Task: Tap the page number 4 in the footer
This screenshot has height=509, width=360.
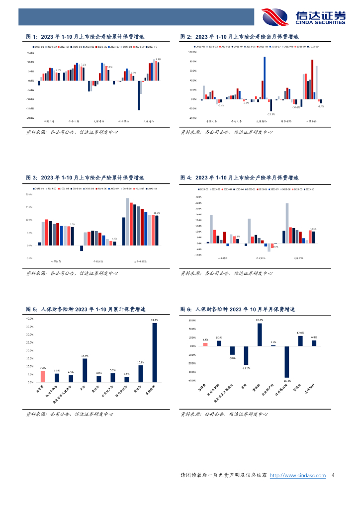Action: click(333, 476)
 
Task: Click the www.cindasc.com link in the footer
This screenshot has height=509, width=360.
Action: click(297, 476)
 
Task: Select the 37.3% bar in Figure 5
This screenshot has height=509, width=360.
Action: click(154, 353)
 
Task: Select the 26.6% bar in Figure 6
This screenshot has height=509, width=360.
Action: click(260, 334)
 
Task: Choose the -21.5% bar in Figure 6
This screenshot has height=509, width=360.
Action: click(246, 355)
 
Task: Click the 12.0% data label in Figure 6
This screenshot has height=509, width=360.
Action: click(300, 333)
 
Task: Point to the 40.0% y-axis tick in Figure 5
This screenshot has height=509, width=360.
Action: click(29, 319)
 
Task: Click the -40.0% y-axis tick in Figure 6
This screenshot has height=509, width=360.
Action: click(188, 380)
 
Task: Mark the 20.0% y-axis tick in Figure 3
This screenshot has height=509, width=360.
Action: click(29, 194)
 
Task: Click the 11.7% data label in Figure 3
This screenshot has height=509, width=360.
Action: click(157, 213)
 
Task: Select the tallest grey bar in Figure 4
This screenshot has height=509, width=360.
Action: click(287, 223)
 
